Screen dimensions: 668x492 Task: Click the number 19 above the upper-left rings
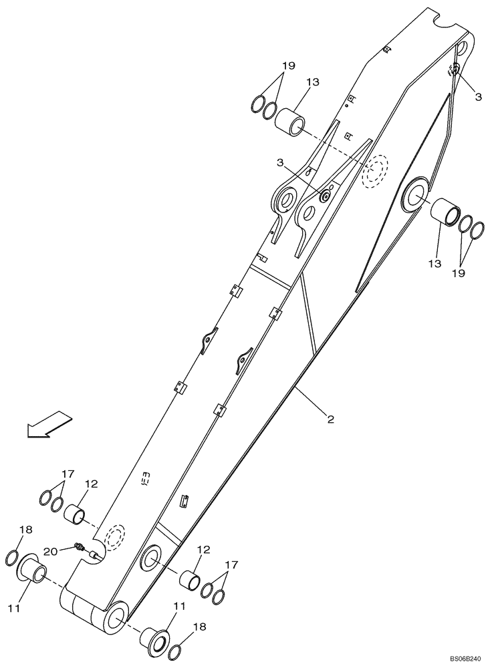(287, 65)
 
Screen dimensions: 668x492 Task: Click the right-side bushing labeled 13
(445, 213)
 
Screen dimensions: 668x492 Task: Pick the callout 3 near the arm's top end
(478, 97)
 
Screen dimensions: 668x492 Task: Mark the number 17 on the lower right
(231, 564)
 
